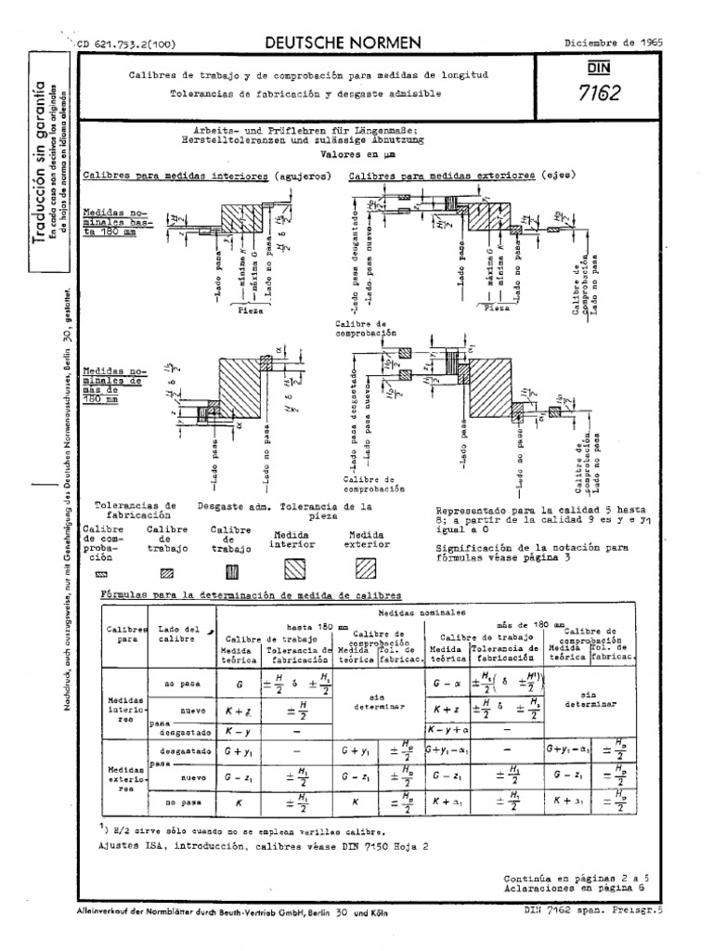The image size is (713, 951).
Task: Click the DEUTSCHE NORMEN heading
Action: tap(343, 43)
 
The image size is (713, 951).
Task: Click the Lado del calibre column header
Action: tap(179, 633)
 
